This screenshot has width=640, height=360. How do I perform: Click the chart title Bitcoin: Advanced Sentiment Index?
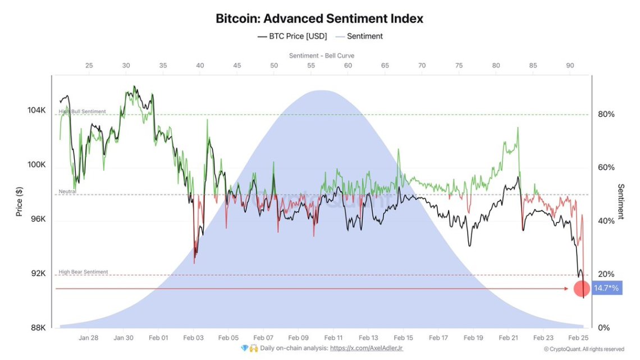tap(319, 19)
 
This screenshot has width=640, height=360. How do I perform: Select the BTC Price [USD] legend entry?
tap(292, 37)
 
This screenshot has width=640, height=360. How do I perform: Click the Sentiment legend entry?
tap(359, 37)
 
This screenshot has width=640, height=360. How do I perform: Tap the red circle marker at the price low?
tap(582, 289)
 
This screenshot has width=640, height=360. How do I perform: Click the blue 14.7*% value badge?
tap(606, 288)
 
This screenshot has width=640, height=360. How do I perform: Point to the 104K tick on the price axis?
tap(36, 111)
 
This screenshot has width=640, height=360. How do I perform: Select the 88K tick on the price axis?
tap(38, 327)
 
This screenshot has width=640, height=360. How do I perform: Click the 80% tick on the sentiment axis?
tap(606, 115)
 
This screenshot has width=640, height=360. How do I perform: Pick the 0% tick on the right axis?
tap(604, 327)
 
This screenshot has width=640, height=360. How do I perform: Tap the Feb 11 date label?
tap(333, 338)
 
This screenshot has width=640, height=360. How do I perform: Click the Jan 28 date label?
tap(89, 338)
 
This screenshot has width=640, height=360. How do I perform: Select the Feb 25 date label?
tap(578, 338)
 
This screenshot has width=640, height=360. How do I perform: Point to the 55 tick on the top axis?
tap(311, 66)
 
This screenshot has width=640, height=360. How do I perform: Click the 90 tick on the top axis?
tap(569, 66)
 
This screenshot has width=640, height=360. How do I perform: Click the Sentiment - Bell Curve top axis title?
tap(322, 56)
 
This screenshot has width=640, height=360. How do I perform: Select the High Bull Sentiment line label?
tap(82, 111)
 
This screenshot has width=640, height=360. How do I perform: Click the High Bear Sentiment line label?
tap(83, 272)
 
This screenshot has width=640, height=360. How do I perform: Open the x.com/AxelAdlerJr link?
tap(366, 348)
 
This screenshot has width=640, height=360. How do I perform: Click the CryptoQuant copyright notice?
tap(584, 349)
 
